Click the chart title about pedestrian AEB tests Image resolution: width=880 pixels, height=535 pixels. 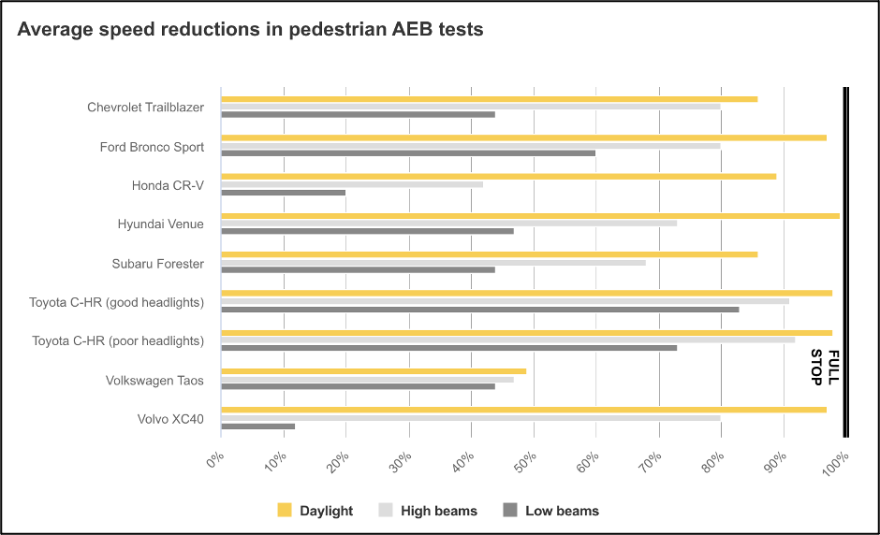click(x=250, y=29)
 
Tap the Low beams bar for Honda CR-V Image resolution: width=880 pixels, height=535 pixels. click(x=283, y=192)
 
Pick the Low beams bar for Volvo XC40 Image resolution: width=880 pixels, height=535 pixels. click(x=257, y=427)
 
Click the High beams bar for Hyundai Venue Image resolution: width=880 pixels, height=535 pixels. click(x=448, y=224)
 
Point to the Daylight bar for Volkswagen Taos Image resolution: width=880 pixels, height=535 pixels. click(x=374, y=371)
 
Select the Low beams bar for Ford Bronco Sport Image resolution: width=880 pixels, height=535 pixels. click(x=408, y=152)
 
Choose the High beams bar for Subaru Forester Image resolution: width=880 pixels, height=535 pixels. click(x=433, y=263)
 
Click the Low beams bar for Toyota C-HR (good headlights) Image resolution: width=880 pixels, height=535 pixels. click(x=479, y=310)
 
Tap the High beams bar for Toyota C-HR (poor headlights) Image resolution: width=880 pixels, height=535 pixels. click(x=507, y=340)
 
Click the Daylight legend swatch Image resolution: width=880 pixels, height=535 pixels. click(x=285, y=510)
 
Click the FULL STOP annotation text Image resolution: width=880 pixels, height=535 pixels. click(x=825, y=367)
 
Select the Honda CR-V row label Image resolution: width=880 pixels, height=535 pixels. click(x=168, y=185)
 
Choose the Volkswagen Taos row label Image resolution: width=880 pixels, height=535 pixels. click(x=154, y=381)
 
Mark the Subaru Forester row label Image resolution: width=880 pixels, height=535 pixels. click(x=157, y=264)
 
